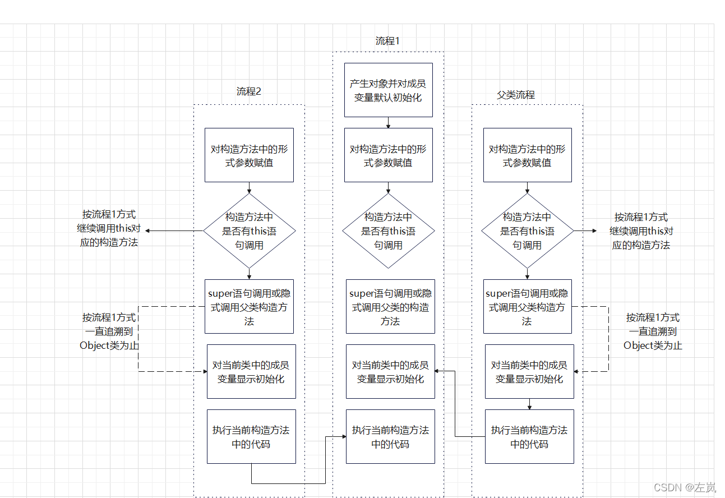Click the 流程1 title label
point(387,41)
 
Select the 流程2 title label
point(248,91)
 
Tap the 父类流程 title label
point(516,95)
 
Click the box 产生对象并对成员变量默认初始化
point(389,90)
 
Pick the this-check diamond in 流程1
point(389,231)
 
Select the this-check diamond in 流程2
point(249,231)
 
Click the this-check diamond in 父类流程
point(527,231)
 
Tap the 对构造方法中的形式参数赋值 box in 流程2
point(249,155)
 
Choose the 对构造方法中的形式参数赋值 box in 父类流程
point(528,155)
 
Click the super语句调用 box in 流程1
point(390,307)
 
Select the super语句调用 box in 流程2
point(249,307)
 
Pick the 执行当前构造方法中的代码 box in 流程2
point(252,436)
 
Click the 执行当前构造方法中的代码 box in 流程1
point(390,436)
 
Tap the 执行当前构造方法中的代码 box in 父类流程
point(529,436)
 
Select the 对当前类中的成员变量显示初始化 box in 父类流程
point(529,371)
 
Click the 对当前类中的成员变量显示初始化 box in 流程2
point(252,371)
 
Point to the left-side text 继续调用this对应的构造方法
point(109,236)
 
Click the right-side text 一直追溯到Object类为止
point(653,338)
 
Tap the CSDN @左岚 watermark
point(684,487)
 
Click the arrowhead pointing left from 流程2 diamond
point(147,231)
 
